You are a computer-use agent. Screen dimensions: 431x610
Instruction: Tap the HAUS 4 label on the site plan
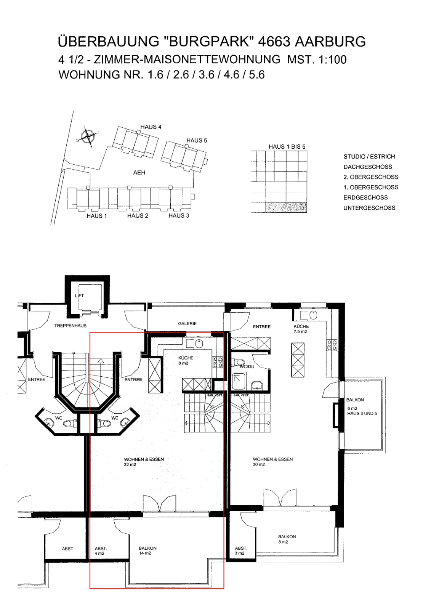(x=151, y=127)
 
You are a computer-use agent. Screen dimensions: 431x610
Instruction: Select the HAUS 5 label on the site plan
(x=197, y=141)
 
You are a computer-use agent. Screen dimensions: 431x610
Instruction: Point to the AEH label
(x=139, y=173)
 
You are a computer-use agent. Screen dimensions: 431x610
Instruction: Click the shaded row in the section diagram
(x=285, y=207)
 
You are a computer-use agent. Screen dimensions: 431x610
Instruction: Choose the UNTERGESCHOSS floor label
(x=369, y=208)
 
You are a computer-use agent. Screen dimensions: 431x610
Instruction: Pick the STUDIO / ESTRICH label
(x=369, y=157)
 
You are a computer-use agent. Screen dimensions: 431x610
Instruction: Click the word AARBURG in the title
(x=330, y=42)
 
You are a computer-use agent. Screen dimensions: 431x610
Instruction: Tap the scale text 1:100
(x=332, y=59)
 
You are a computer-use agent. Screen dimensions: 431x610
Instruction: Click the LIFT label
(x=80, y=295)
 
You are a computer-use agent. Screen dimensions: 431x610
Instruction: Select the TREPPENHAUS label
(x=70, y=326)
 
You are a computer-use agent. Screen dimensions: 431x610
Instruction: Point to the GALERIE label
(x=187, y=324)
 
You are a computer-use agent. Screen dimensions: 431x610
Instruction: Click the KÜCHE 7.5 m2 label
(x=301, y=329)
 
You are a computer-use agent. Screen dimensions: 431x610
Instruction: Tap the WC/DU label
(x=247, y=366)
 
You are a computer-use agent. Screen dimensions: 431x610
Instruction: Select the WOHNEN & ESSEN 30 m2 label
(x=273, y=462)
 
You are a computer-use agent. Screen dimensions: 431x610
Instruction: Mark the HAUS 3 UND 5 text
(x=362, y=413)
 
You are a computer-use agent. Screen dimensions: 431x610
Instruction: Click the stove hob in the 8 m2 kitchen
(x=218, y=363)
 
